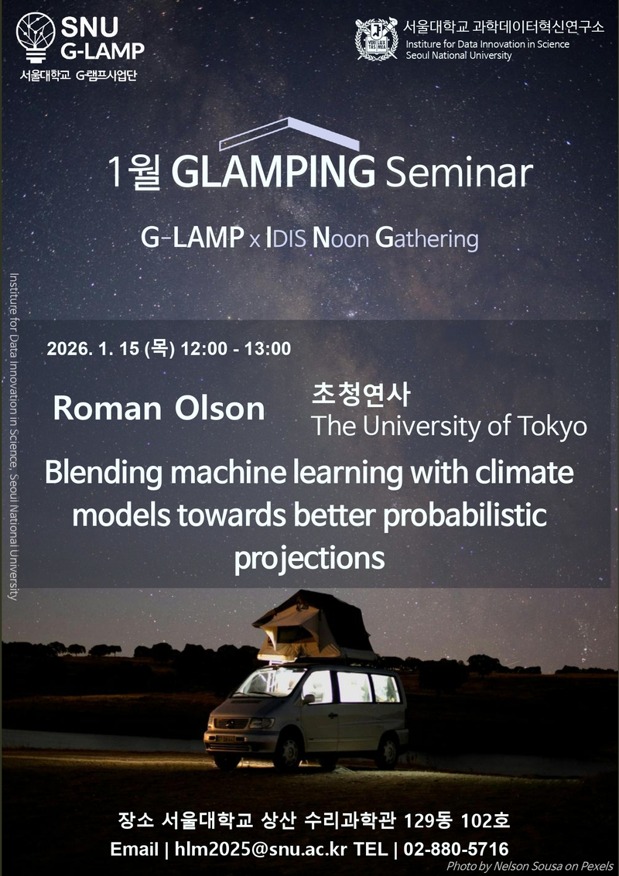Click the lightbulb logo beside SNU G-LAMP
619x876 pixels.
(36, 37)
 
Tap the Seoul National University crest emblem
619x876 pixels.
(376, 39)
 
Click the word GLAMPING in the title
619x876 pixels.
(274, 172)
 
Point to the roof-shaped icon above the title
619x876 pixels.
(289, 134)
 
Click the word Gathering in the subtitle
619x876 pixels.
(427, 238)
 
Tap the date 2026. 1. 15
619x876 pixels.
(93, 348)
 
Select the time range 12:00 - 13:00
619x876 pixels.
(236, 348)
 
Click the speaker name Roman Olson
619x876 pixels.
(159, 409)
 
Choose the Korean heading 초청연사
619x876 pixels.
(361, 394)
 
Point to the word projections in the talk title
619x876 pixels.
(309, 557)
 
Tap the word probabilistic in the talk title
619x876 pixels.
(465, 515)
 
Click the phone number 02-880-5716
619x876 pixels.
(456, 849)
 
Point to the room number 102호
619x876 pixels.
(485, 821)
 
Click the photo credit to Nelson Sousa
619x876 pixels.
(529, 867)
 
